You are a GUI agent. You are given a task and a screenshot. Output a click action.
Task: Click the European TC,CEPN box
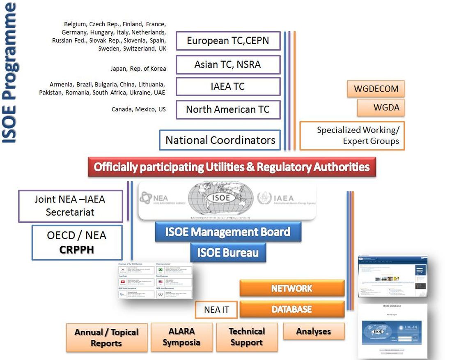tap(228, 41)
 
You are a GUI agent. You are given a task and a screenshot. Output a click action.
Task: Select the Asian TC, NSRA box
tap(228, 65)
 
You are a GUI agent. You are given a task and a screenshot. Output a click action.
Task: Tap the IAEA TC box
tap(228, 87)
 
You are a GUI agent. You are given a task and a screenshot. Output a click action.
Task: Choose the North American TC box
tap(228, 109)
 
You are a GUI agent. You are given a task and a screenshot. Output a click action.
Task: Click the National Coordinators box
tap(220, 140)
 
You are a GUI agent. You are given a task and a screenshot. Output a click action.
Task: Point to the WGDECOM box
tap(376, 89)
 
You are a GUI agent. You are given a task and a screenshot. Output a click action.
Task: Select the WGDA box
tap(381, 108)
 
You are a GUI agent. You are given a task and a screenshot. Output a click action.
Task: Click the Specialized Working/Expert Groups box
tap(352, 136)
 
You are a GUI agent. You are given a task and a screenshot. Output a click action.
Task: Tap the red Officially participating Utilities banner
tap(232, 167)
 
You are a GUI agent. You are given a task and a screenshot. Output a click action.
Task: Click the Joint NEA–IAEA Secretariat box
tap(71, 206)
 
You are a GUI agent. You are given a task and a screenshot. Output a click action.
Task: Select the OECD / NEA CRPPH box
tap(77, 242)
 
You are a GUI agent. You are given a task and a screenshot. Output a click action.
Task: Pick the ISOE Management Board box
tap(228, 232)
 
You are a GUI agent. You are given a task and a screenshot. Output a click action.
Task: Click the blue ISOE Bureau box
tap(228, 252)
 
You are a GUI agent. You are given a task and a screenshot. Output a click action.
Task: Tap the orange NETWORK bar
tap(291, 288)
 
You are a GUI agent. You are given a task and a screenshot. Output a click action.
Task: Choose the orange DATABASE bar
tap(291, 309)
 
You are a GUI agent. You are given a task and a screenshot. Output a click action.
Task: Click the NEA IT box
tap(216, 310)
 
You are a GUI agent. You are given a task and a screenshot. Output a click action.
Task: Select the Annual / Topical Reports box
tap(107, 337)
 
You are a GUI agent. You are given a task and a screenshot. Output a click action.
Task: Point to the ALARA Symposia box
tap(182, 337)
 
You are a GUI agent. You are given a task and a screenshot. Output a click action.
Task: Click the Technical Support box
tap(247, 337)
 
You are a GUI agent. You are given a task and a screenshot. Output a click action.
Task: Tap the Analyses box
tap(314, 331)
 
